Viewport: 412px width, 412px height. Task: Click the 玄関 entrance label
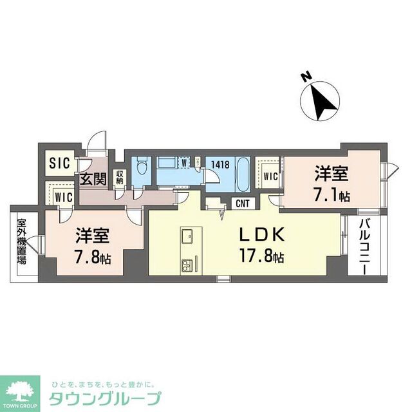(x=91, y=178)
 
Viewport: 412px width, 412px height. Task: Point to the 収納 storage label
(x=120, y=176)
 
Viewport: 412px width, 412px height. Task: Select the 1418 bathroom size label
(x=221, y=165)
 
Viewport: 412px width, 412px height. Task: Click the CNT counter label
(x=243, y=204)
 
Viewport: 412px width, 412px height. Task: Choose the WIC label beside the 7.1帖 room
(x=270, y=175)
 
